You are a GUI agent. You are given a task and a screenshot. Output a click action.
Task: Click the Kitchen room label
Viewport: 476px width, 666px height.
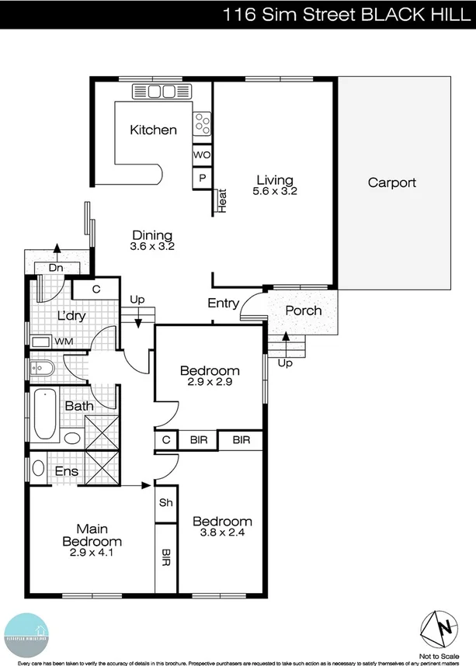point(153,130)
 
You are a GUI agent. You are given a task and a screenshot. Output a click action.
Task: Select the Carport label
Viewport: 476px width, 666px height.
point(391,183)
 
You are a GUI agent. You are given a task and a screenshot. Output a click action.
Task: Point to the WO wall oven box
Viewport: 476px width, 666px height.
point(201,154)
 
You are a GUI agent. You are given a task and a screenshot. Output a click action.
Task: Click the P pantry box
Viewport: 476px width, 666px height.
point(201,177)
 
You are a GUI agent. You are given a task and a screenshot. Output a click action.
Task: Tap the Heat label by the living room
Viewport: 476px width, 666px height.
point(222,200)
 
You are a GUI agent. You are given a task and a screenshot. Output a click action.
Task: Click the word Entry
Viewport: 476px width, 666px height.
point(223,304)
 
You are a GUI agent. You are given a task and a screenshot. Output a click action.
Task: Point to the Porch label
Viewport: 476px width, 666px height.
point(303,310)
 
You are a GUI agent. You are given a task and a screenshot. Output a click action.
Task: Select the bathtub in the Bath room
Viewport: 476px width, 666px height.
point(44,414)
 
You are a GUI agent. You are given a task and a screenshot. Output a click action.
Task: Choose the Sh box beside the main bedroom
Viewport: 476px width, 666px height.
point(165,502)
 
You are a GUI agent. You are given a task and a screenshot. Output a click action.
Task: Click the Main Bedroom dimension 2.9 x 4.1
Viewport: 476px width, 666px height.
point(92,553)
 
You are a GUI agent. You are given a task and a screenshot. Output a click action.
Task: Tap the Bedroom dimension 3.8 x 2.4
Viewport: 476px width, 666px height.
point(222,532)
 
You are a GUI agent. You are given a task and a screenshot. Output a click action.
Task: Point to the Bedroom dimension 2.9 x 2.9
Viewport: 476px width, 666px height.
point(210,382)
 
